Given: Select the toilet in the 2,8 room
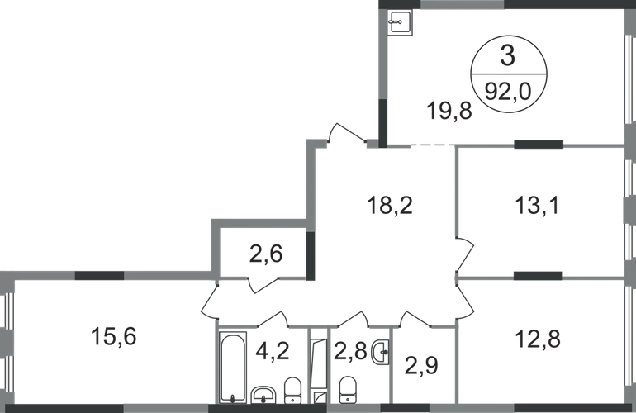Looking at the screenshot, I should [x=349, y=386].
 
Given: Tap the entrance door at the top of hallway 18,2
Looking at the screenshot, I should [x=345, y=135].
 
